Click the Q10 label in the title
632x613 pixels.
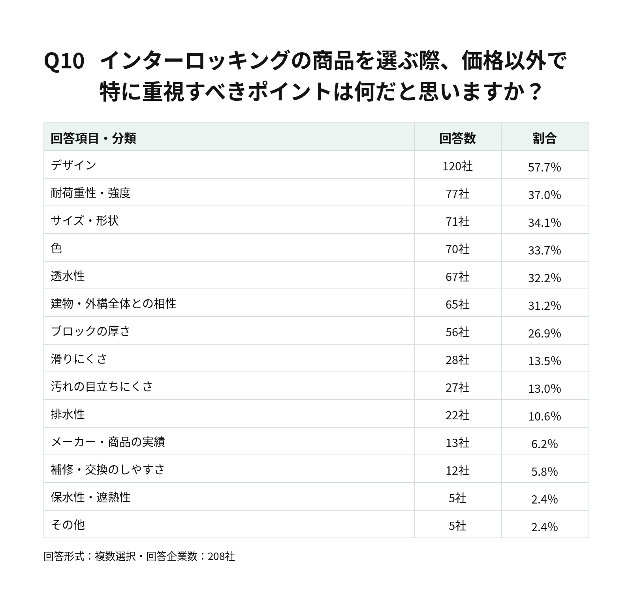tap(64, 61)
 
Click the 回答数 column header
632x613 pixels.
tap(457, 138)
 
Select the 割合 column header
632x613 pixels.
tap(544, 138)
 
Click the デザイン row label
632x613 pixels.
tap(73, 165)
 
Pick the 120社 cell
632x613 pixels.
tap(457, 166)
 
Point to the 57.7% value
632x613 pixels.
tap(544, 167)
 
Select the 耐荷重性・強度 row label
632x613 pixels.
tap(90, 192)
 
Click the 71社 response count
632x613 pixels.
tap(457, 221)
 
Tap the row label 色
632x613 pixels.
tap(56, 248)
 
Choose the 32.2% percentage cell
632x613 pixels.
tap(544, 278)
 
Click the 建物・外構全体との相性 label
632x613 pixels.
tap(113, 303)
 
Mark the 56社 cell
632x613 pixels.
tap(457, 332)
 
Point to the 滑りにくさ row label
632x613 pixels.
tap(79, 358)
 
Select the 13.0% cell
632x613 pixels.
tap(544, 389)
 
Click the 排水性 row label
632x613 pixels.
tap(68, 414)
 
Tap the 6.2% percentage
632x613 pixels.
tap(544, 444)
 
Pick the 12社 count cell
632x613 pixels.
tap(457, 470)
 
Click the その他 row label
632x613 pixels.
tap(68, 524)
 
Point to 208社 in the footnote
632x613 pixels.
tap(221, 556)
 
